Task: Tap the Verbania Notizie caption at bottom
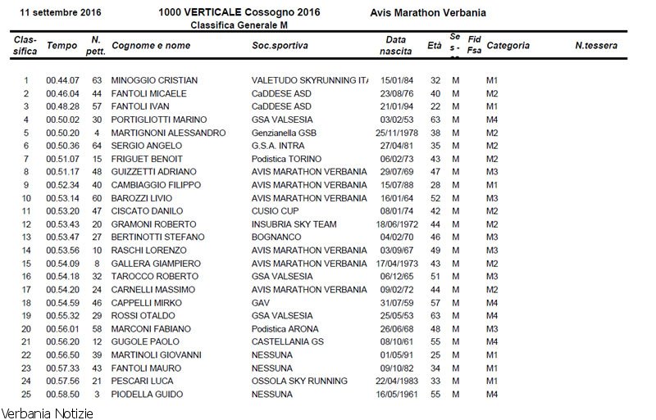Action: [47, 413]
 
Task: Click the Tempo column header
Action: [61, 46]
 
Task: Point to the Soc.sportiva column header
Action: [280, 46]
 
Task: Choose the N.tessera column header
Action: [596, 46]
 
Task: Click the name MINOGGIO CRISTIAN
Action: [154, 80]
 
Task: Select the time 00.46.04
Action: [62, 93]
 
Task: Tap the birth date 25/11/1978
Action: [397, 133]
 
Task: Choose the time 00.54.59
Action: [62, 303]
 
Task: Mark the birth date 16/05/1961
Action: [397, 395]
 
